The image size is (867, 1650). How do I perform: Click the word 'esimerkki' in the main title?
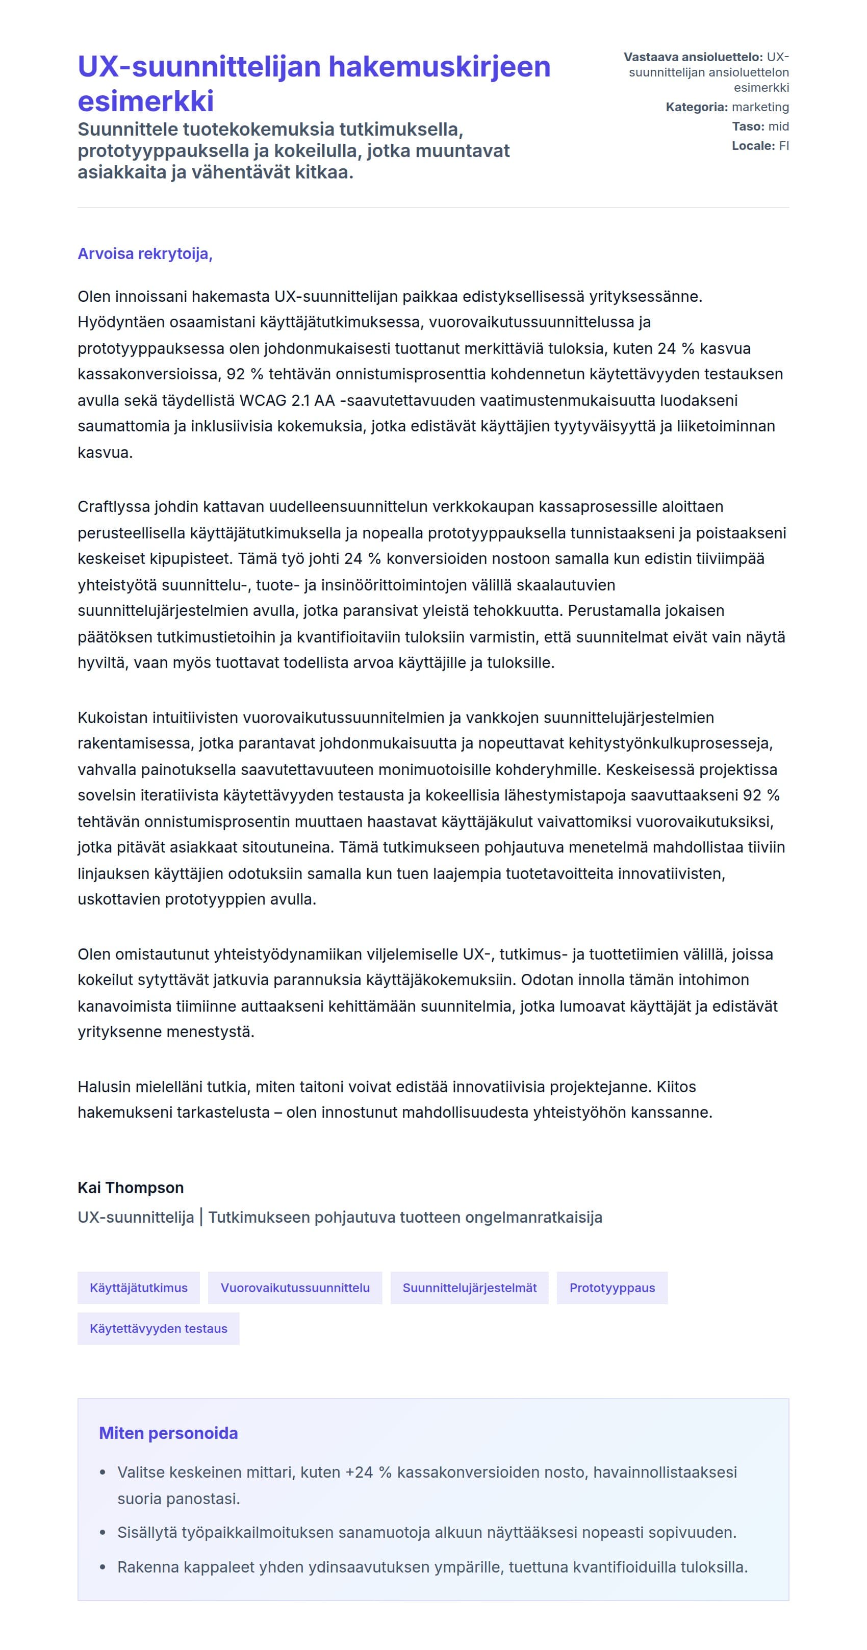coord(145,101)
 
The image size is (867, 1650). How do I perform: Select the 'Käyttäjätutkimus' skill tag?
coord(138,1288)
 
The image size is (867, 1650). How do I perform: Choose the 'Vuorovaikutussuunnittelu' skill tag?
coord(295,1288)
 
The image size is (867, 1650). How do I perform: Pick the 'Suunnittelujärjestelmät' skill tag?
coord(469,1288)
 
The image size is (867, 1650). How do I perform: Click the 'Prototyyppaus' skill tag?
coord(612,1288)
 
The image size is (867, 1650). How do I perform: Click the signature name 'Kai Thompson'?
coord(131,1188)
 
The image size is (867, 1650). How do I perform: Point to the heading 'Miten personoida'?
coord(168,1433)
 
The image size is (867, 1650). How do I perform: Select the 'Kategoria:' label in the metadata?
coord(696,107)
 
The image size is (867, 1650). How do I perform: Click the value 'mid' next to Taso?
coord(779,126)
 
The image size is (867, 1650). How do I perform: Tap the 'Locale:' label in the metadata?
coord(753,145)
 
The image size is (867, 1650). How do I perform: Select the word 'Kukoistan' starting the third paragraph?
coord(109,717)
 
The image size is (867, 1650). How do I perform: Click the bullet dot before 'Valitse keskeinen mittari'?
coord(103,1473)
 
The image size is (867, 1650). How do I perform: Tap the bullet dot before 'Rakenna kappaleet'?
coord(103,1567)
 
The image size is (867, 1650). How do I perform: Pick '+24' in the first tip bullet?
coord(359,1472)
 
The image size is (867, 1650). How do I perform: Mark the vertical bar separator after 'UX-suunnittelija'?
coord(201,1217)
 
